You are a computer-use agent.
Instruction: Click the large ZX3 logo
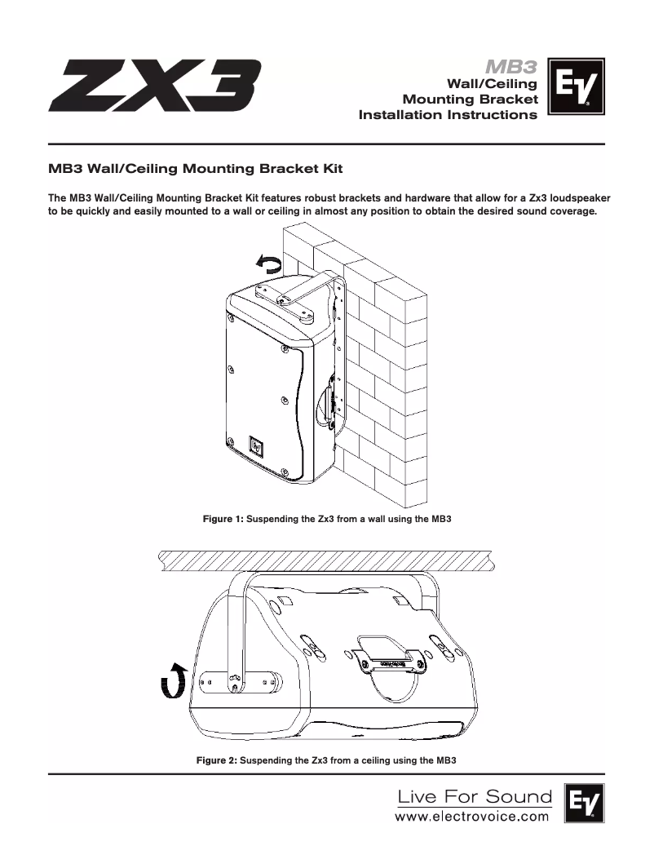(x=155, y=85)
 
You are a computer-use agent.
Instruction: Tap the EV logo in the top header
(x=576, y=86)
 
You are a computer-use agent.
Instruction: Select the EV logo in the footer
(x=585, y=803)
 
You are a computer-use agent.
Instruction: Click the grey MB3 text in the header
(x=511, y=66)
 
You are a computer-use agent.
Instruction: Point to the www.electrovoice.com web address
(x=472, y=817)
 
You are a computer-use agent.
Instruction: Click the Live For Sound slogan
(x=475, y=796)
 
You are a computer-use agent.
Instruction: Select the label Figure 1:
(x=223, y=519)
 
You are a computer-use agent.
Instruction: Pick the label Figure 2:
(x=217, y=760)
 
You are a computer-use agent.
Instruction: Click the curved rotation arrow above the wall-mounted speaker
(x=268, y=264)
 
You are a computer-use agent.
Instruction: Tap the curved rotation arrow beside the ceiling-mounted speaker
(x=174, y=681)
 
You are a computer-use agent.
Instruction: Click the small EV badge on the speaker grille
(x=257, y=446)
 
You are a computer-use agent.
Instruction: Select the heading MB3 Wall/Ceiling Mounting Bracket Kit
(x=195, y=168)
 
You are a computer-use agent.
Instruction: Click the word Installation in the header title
(x=400, y=115)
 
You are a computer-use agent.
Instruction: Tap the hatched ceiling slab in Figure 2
(x=325, y=560)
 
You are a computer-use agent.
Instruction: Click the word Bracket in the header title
(x=508, y=100)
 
